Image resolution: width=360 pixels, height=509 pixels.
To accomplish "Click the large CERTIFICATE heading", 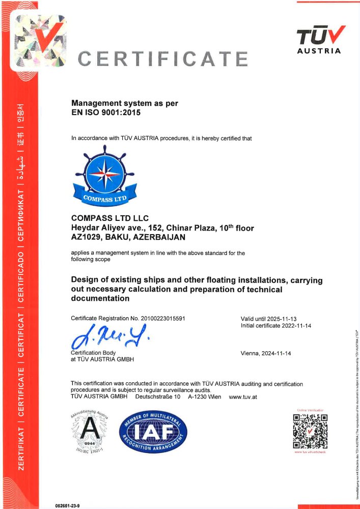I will [x=163, y=60].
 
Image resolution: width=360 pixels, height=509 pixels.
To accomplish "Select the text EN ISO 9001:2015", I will [x=105, y=112].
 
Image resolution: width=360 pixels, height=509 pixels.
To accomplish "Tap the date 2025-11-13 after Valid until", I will [x=288, y=319].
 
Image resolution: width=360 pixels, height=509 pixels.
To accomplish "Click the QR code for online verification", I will [x=310, y=431].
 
